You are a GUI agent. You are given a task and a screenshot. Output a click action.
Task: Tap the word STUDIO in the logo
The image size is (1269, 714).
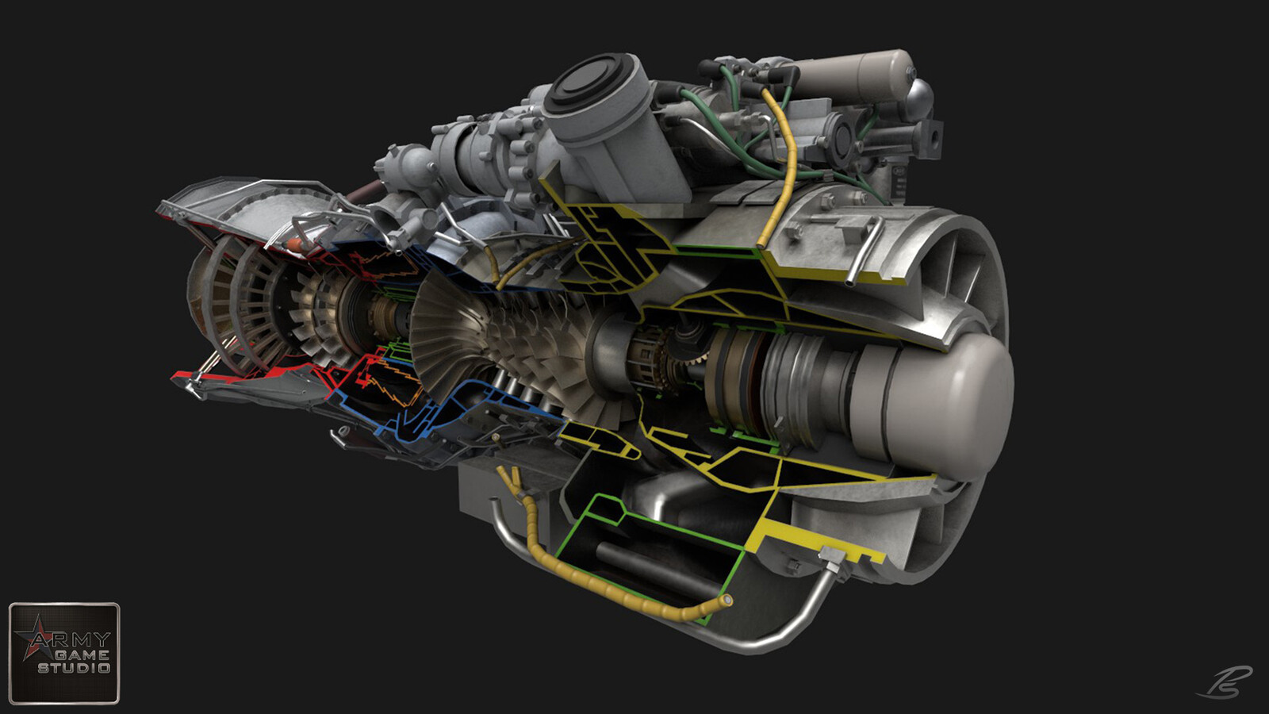[x=74, y=668]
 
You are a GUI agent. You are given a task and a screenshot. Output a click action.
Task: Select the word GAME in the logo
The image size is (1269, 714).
[x=82, y=654]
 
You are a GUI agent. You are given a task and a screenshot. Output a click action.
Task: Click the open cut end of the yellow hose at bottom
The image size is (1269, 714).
[x=724, y=601]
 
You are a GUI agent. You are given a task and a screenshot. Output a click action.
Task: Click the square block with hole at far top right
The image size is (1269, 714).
[x=930, y=139]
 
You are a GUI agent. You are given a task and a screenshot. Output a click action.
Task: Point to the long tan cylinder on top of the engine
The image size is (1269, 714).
[x=849, y=75]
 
